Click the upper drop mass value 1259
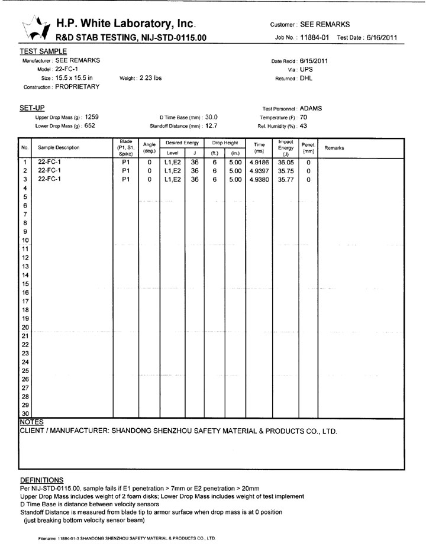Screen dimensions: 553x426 [92, 117]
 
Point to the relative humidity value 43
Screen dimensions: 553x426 [304, 125]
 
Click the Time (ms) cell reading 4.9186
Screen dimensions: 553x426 [259, 161]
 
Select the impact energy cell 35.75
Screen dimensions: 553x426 [285, 170]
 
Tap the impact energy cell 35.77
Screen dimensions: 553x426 [285, 179]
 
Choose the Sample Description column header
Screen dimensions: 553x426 [59, 147]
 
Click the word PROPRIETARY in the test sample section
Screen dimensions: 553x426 [77, 86]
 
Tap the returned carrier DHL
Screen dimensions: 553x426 [306, 78]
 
